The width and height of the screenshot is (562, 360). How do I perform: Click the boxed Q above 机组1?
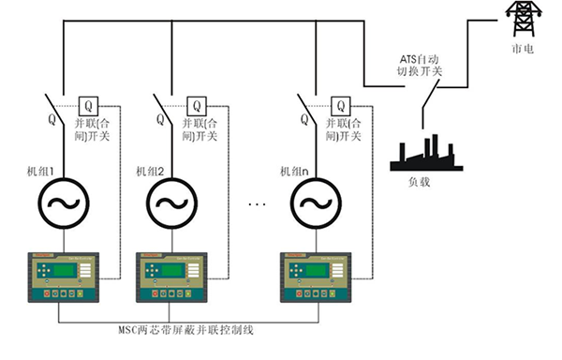coord(89,104)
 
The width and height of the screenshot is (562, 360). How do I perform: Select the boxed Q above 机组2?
coord(198,104)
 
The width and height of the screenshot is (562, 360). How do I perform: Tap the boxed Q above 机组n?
coord(339,104)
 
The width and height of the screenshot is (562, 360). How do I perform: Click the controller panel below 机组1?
coord(63,276)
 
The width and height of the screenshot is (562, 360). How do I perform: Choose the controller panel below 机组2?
coord(174,276)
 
